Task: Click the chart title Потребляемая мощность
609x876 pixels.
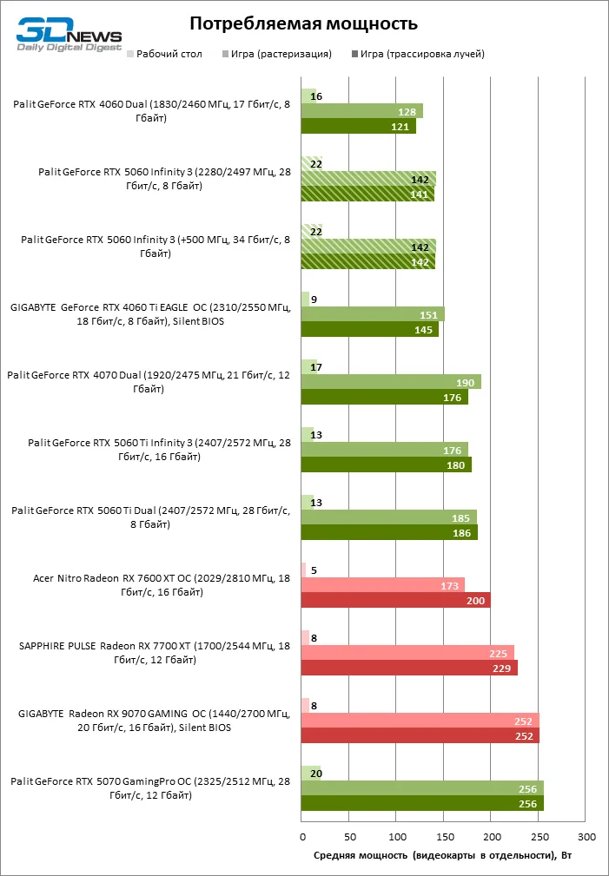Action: [x=303, y=23]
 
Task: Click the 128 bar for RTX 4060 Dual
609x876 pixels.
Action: [x=361, y=111]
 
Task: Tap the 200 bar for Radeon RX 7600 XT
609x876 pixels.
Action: [x=395, y=600]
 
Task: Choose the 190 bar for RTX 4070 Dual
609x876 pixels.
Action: [x=391, y=382]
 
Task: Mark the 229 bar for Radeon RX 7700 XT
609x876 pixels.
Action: [x=409, y=668]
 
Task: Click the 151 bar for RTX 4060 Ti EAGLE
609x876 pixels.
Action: [x=373, y=314]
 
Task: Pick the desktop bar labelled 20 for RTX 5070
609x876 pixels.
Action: [x=311, y=774]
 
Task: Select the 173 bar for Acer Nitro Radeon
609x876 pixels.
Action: [x=383, y=585]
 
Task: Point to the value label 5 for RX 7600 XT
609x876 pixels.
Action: [x=313, y=570]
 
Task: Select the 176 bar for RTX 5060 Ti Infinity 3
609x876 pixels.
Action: [x=384, y=449]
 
